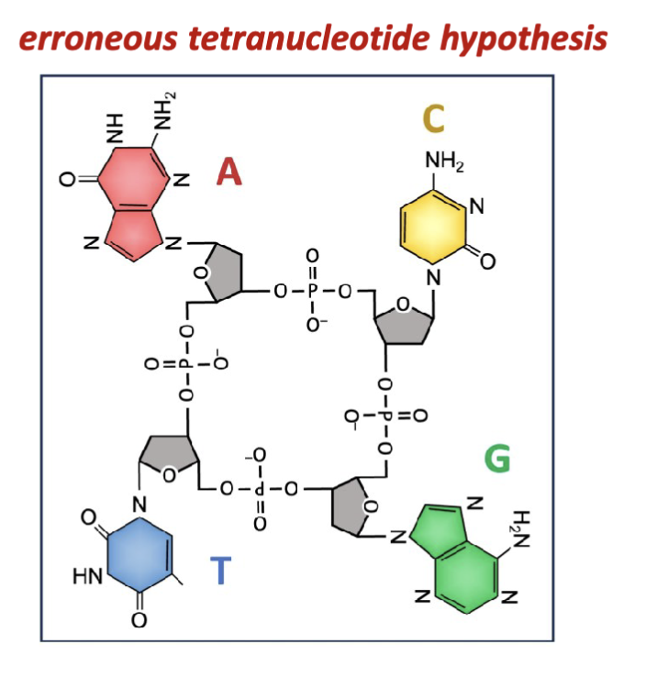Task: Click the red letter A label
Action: (228, 171)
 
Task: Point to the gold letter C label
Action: (433, 118)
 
